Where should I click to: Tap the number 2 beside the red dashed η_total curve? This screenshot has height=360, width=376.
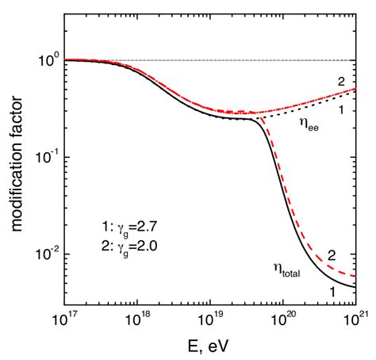point(333,256)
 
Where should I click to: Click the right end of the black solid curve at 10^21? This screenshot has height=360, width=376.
point(355,286)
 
